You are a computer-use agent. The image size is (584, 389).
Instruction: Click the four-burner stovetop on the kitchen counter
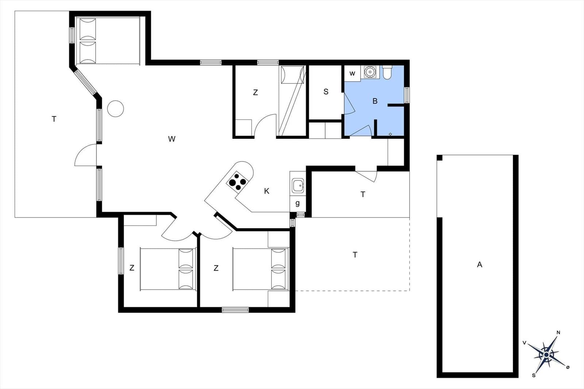pyautogui.click(x=237, y=182)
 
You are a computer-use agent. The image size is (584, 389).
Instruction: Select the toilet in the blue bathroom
pyautogui.click(x=387, y=72)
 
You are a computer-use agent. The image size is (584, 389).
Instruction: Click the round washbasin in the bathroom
pyautogui.click(x=369, y=71)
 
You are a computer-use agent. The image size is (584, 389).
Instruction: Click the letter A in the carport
pyautogui.click(x=480, y=265)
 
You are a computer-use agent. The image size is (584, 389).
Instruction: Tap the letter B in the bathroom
pyautogui.click(x=375, y=101)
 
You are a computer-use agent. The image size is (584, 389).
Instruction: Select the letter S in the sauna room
pyautogui.click(x=326, y=92)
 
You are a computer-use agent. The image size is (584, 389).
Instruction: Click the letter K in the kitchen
pyautogui.click(x=266, y=191)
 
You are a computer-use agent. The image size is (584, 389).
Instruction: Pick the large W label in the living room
pyautogui.click(x=172, y=139)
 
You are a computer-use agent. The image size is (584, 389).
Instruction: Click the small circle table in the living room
pyautogui.click(x=115, y=109)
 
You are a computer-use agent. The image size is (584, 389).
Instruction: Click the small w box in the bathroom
pyautogui.click(x=352, y=73)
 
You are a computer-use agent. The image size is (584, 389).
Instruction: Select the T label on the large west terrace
pyautogui.click(x=54, y=119)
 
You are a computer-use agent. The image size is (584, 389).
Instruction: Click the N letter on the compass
pyautogui.click(x=558, y=332)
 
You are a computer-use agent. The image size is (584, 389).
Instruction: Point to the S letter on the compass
pyautogui.click(x=534, y=376)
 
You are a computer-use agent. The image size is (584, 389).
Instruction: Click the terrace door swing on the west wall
pyautogui.click(x=86, y=155)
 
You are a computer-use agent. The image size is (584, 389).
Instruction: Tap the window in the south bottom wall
pyautogui.click(x=235, y=310)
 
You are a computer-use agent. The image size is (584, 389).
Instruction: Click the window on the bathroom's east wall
pyautogui.click(x=407, y=95)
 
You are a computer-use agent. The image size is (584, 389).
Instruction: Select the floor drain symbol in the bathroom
pyautogui.click(x=390, y=134)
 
